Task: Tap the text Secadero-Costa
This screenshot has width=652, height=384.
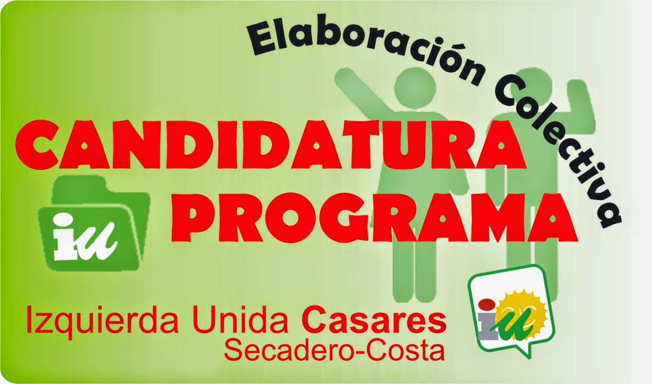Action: pos(334,350)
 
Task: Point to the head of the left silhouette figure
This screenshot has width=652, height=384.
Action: pos(415,87)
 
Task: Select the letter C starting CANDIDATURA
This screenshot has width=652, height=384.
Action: pos(37,146)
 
